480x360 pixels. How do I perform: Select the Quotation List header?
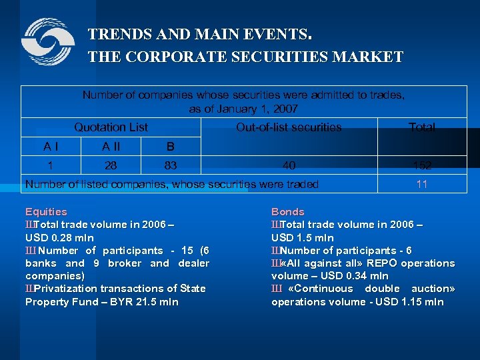(111, 127)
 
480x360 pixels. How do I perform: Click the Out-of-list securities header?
(289, 127)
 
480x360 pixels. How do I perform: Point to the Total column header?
(421, 127)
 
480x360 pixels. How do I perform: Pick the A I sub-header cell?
(50, 146)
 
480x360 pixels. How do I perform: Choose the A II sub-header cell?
(111, 146)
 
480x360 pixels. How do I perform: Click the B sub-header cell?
(170, 146)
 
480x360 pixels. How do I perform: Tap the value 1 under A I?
(50, 165)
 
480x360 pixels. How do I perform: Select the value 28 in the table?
(111, 165)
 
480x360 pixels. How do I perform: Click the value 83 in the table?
(170, 165)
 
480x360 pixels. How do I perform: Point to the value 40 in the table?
(289, 165)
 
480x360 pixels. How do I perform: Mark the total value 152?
(421, 165)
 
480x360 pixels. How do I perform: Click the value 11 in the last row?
(421, 184)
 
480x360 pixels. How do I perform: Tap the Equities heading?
(46, 212)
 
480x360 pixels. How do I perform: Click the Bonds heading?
(287, 212)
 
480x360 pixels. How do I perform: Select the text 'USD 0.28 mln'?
(59, 237)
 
